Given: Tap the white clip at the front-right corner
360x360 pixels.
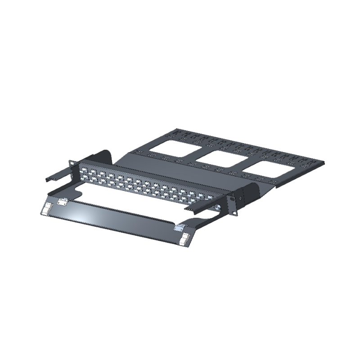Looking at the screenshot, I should pyautogui.click(x=184, y=239).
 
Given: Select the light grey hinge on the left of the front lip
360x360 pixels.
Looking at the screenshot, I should pyautogui.click(x=62, y=201).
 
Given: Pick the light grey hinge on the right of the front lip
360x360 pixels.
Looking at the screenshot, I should pyautogui.click(x=181, y=226).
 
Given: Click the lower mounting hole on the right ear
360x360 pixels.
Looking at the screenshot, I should pyautogui.click(x=233, y=209).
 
